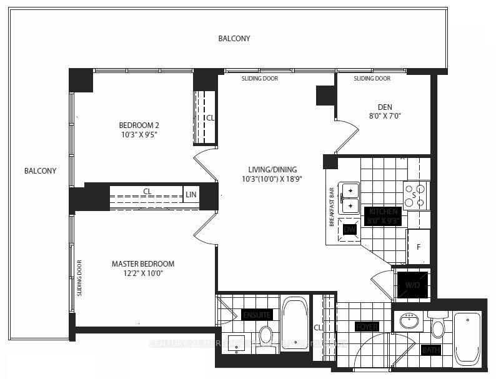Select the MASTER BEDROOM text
tap(143, 264)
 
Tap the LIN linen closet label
tap(191, 195)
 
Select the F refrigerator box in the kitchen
tap(419, 247)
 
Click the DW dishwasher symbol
tap(349, 229)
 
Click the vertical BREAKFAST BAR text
tap(332, 206)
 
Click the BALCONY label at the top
tap(234, 39)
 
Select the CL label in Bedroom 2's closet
tap(211, 117)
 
